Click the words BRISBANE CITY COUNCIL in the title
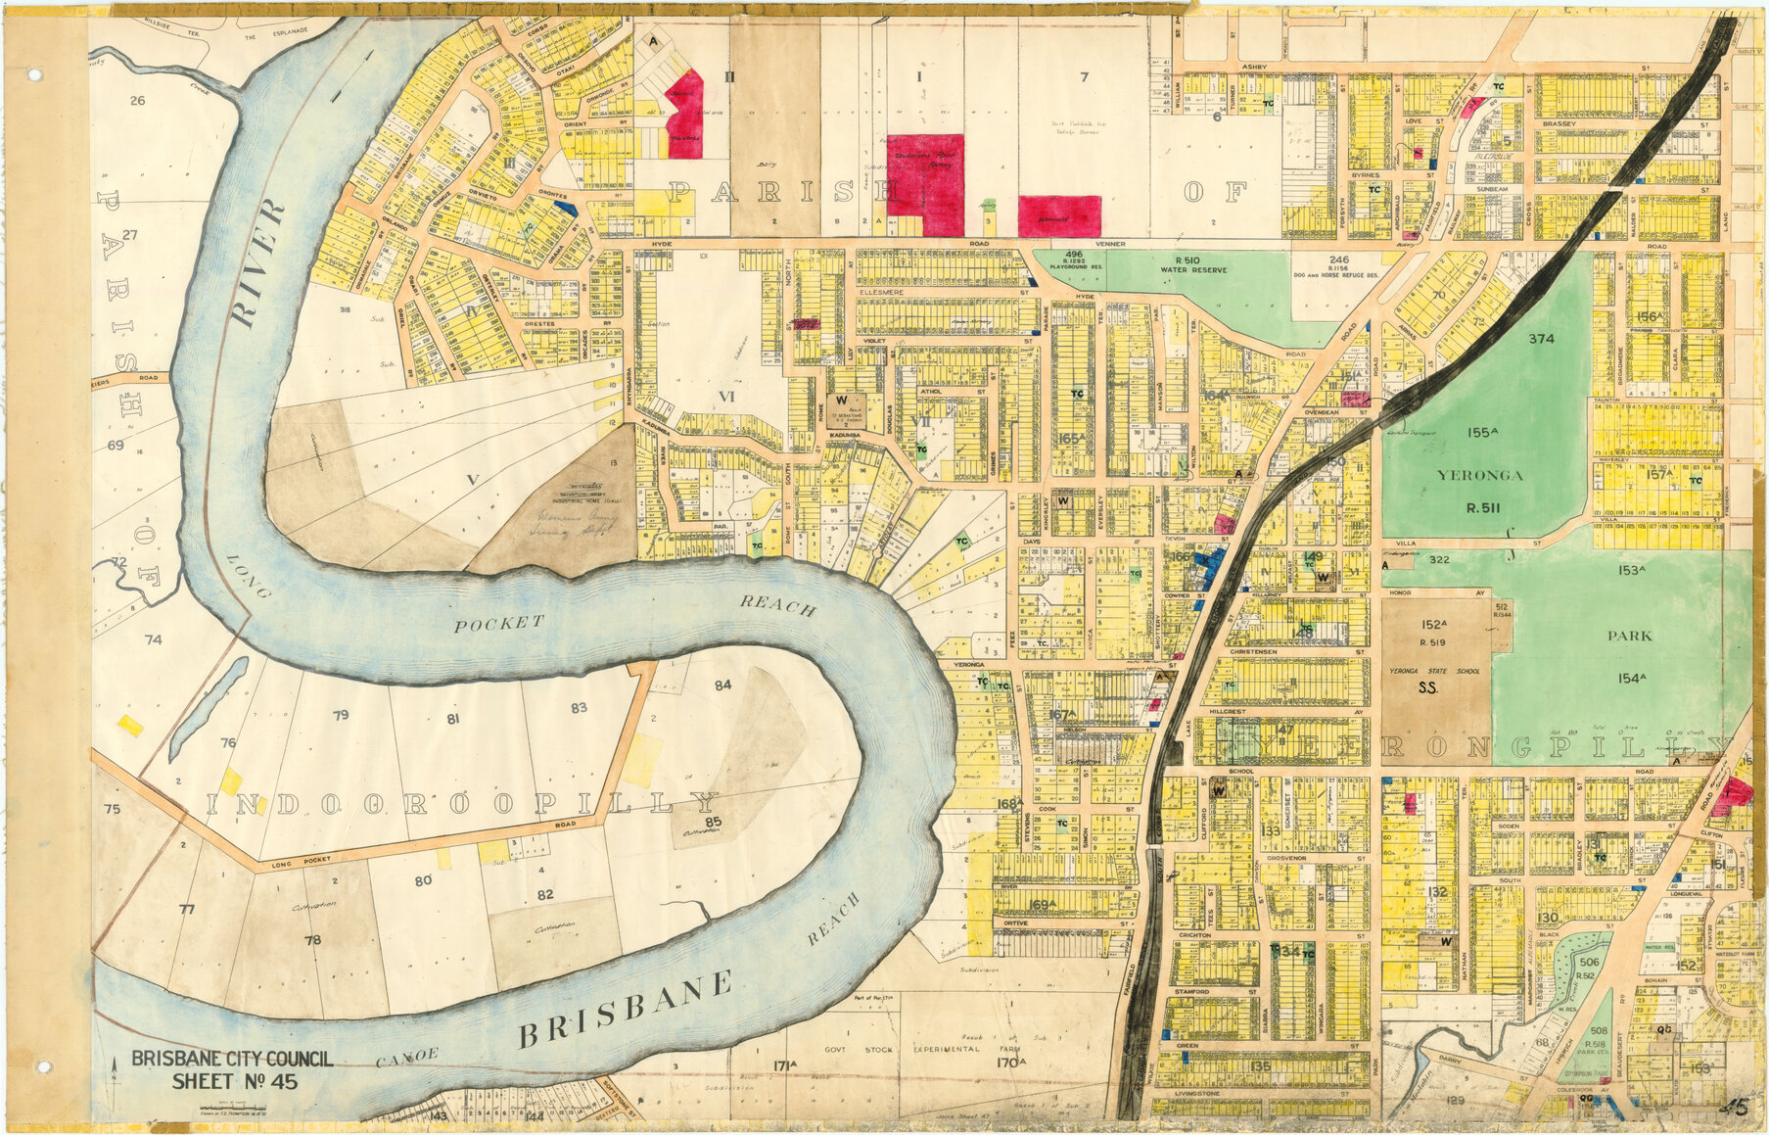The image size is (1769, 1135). pyautogui.click(x=232, y=1059)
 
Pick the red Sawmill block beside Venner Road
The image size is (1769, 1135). pyautogui.click(x=1059, y=215)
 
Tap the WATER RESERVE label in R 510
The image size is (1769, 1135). pyautogui.click(x=1193, y=269)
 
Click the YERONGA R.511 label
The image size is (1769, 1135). pyautogui.click(x=1479, y=490)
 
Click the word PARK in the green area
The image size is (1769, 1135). pyautogui.click(x=1629, y=636)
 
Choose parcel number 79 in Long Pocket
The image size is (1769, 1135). pyautogui.click(x=341, y=715)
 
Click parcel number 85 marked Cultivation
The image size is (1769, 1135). pyautogui.click(x=713, y=821)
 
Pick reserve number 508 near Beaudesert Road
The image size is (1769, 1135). pyautogui.click(x=1599, y=1031)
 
